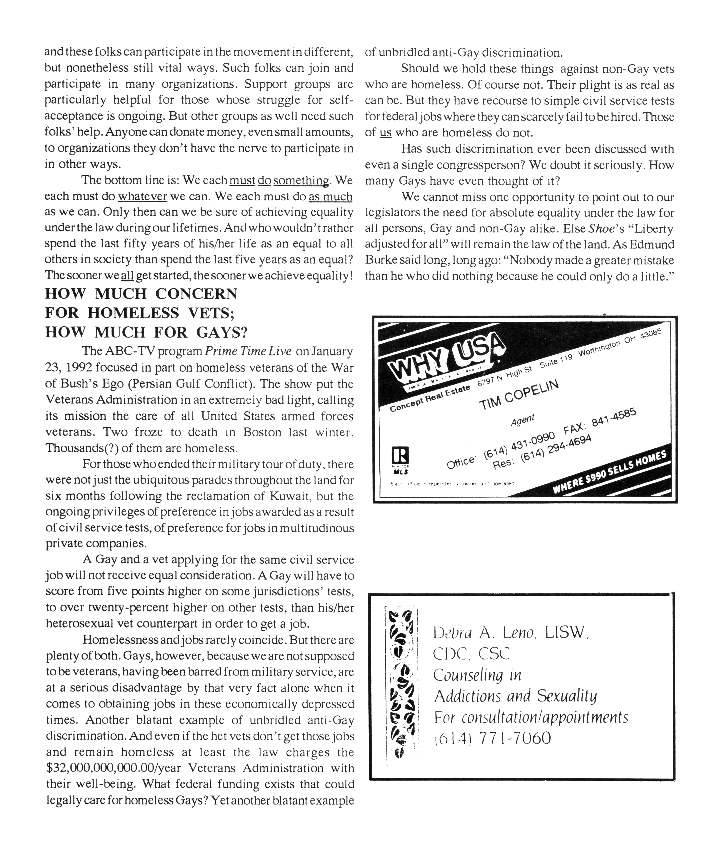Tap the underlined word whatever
[143, 197]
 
